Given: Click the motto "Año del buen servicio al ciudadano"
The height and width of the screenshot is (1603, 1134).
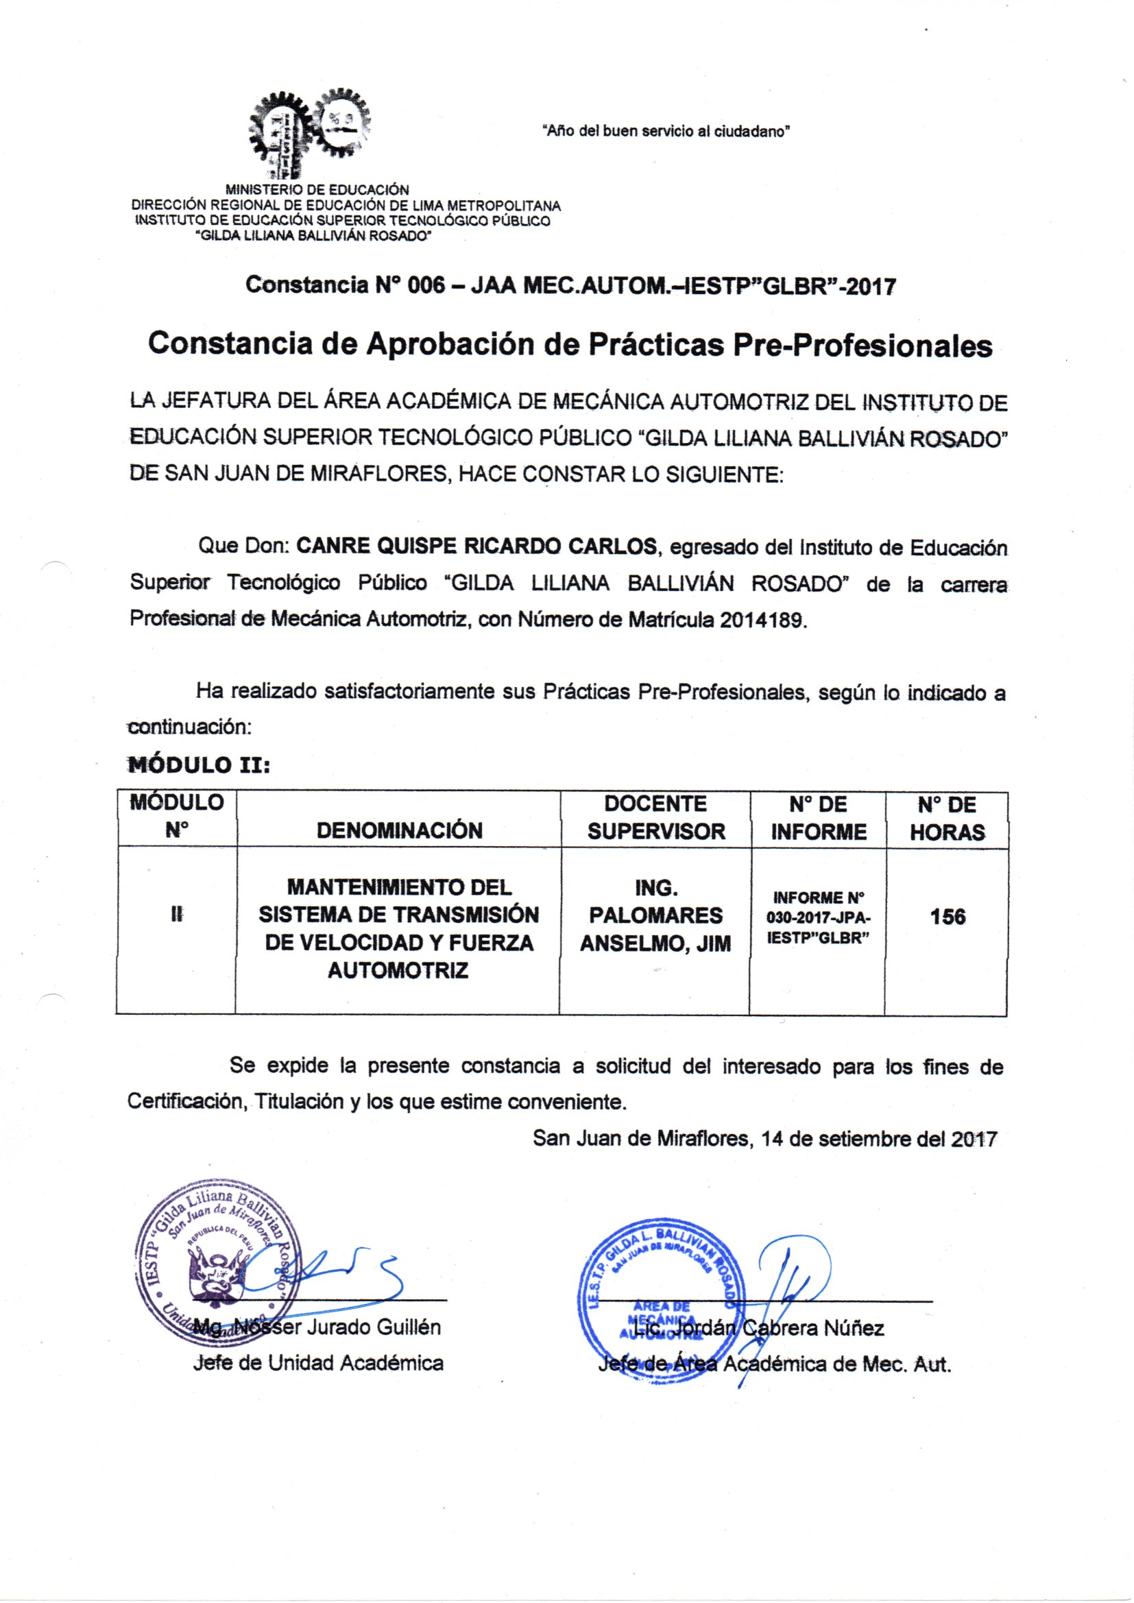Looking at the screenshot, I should point(666,131).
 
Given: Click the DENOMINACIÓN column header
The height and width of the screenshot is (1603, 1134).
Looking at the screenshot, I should point(399,830).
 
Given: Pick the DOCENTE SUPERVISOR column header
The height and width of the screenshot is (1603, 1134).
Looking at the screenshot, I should point(655,817).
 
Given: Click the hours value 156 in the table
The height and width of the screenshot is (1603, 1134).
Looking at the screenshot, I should point(947,916).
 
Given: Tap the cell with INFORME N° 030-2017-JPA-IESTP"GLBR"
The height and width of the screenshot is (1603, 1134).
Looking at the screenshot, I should point(817,917).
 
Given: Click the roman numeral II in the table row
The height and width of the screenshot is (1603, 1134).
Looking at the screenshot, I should point(176,915).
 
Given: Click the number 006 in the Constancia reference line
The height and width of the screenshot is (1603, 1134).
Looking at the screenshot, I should point(426,285).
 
